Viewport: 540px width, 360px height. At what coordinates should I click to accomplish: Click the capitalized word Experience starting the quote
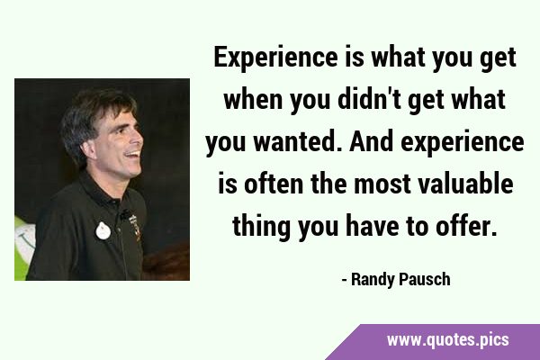275,58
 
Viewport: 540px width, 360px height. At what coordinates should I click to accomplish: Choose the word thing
261,226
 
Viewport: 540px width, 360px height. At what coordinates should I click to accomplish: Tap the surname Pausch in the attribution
425,279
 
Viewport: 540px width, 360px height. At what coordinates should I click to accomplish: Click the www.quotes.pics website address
447,340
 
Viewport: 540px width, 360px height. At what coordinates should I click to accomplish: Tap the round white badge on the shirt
103,230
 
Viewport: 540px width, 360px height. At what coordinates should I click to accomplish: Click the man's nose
138,138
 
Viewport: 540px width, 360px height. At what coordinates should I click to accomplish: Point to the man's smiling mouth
133,154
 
